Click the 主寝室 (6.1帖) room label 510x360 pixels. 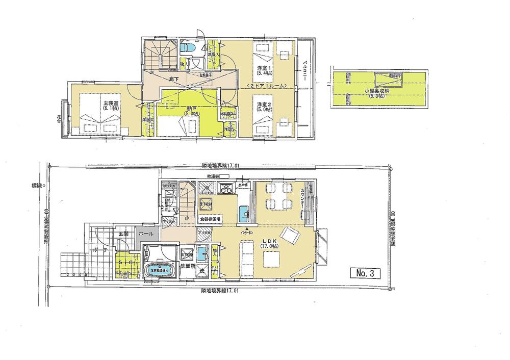coord(110,106)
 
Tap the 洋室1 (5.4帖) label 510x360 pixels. coord(263,70)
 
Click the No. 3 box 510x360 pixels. coord(366,273)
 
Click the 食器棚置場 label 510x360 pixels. coord(210,219)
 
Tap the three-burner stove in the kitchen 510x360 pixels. coord(224,189)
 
